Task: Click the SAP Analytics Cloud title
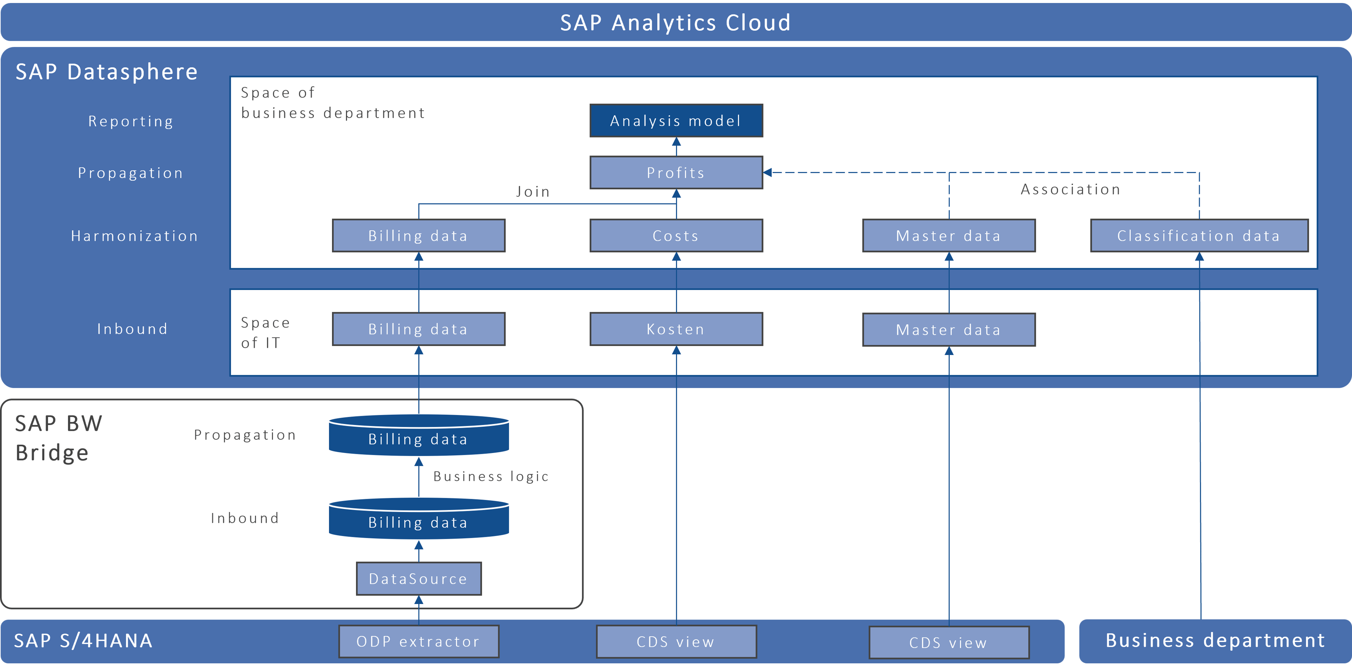pyautogui.click(x=676, y=23)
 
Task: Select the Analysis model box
pyautogui.click(x=676, y=121)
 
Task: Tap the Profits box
pyautogui.click(x=676, y=173)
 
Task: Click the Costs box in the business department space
pyautogui.click(x=676, y=236)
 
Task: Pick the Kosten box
pyautogui.click(x=676, y=329)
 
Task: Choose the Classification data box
pyautogui.click(x=1199, y=236)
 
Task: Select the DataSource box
pyautogui.click(x=418, y=578)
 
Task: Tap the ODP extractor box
pyautogui.click(x=418, y=641)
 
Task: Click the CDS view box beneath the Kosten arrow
pyautogui.click(x=676, y=641)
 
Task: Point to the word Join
pyautogui.click(x=533, y=192)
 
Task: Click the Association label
pyautogui.click(x=1071, y=189)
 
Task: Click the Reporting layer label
pyautogui.click(x=131, y=121)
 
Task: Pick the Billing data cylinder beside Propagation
pyautogui.click(x=418, y=436)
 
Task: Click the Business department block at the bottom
pyautogui.click(x=1215, y=640)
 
